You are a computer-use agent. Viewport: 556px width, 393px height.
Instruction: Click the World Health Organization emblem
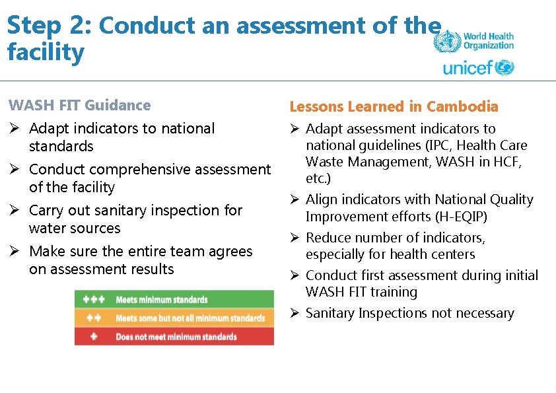click(446, 41)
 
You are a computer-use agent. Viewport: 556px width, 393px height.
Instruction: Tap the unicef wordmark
click(468, 68)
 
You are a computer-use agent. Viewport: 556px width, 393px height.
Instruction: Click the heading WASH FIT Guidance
click(79, 105)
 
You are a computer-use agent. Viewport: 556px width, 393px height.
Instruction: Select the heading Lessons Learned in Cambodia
click(394, 106)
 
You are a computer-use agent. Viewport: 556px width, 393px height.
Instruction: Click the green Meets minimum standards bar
click(174, 299)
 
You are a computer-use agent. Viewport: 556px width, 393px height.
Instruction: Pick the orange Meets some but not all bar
click(174, 318)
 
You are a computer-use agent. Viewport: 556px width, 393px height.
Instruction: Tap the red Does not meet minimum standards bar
click(174, 336)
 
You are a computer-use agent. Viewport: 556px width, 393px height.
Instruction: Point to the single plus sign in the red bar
click(92, 336)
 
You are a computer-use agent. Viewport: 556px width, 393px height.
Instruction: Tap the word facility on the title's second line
click(46, 52)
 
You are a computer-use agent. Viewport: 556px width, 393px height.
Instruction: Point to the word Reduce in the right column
click(328, 238)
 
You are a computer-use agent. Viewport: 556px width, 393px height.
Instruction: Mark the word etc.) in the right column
click(318, 178)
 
